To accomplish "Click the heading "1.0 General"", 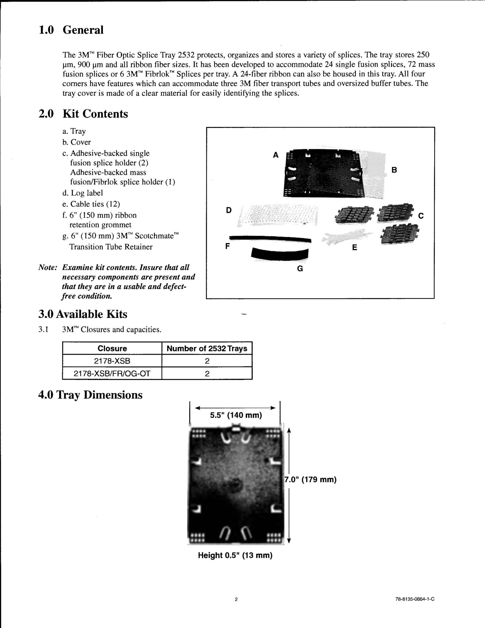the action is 71,30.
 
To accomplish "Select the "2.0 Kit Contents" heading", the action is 83,114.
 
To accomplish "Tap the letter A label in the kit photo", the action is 276,155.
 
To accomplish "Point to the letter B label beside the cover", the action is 394,170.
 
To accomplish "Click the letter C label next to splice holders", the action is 421,216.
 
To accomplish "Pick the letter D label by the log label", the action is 229,210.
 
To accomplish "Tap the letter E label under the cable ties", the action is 354,247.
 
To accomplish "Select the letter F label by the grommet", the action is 227,246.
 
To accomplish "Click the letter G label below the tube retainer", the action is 300,269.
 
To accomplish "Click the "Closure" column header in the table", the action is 112,348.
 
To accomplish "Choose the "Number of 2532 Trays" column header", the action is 207,348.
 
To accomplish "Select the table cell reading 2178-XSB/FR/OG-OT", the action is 112,373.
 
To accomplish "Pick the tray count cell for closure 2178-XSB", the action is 207,361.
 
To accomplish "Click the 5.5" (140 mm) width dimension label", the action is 236,415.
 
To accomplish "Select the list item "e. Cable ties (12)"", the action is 91,204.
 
